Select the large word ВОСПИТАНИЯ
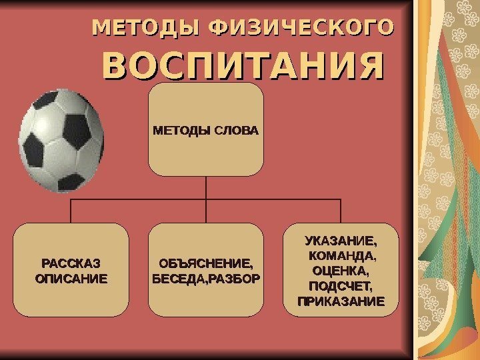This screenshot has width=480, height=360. tap(243, 67)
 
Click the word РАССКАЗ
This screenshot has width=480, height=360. tap(71, 263)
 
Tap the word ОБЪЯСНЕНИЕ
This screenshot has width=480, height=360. tap(205, 263)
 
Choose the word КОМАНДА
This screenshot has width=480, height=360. tap(342, 255)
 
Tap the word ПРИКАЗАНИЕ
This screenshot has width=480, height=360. tap(341, 301)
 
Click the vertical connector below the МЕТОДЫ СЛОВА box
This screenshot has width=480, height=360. tap(206, 187)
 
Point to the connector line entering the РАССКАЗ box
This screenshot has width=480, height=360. tap(71, 212)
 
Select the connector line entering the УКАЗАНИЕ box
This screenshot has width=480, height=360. tap(341, 212)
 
